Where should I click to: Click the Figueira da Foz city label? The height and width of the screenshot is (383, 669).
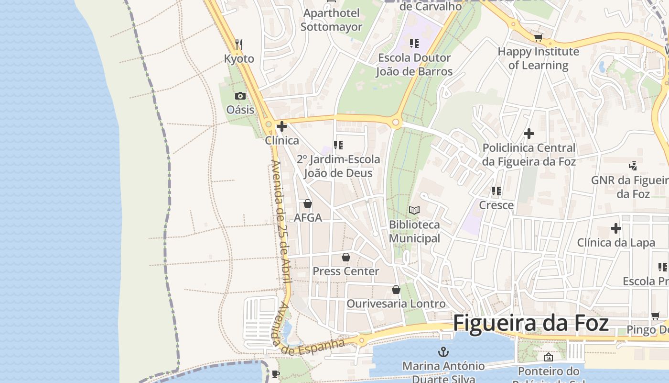[x=530, y=323]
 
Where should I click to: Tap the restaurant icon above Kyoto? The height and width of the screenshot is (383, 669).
[x=239, y=45]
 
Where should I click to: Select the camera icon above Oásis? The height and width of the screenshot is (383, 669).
[x=240, y=96]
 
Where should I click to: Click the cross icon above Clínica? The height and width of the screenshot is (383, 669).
[x=282, y=126]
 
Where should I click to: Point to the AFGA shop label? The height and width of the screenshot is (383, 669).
[x=308, y=218]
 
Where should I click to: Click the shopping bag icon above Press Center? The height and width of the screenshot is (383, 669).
[x=346, y=258]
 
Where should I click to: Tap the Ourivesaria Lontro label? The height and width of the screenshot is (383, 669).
[x=396, y=304]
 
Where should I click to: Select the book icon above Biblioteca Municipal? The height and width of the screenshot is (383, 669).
[x=414, y=210]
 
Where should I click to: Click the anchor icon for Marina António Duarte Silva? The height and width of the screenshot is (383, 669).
[x=443, y=352]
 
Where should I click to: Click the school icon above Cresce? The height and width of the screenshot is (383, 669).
[x=496, y=191]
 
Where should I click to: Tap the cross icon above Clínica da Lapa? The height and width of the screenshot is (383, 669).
[x=616, y=228]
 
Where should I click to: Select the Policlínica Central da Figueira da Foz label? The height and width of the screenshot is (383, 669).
[x=529, y=155]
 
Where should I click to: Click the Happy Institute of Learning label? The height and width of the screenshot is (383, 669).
[x=538, y=58]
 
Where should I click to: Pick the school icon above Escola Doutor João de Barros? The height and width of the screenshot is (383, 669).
[x=414, y=44]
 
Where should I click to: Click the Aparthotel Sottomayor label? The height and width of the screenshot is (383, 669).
[x=331, y=20]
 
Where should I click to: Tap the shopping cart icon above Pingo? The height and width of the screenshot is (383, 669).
[x=655, y=315]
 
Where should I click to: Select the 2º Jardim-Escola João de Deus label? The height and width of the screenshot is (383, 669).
[x=338, y=166]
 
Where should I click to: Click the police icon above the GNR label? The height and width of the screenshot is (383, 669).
[x=633, y=166]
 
